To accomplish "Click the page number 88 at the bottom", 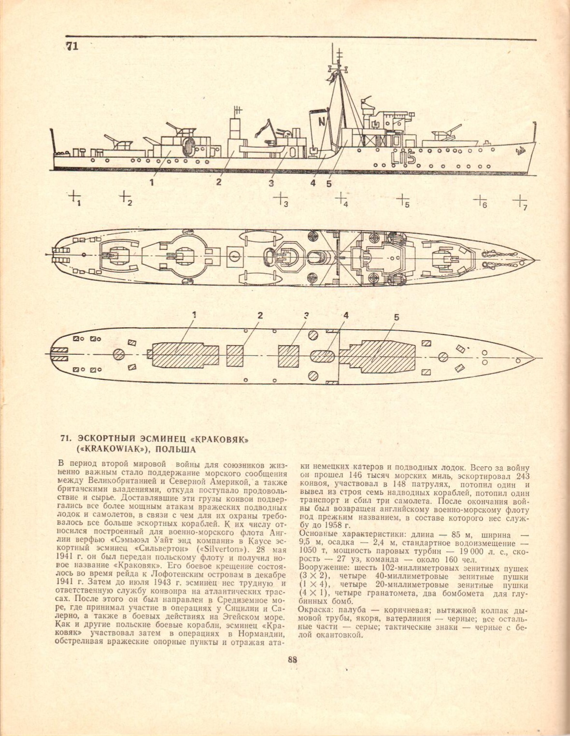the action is tap(292, 661).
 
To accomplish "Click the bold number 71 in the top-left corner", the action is tap(72, 46).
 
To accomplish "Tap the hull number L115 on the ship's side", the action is tap(404, 157).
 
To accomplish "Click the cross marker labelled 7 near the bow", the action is tap(519, 200).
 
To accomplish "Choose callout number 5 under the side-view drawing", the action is tap(329, 183).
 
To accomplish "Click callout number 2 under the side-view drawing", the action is tap(219, 182).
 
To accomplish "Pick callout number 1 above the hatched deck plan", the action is tap(194, 315).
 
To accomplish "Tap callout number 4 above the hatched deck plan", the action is tap(346, 316).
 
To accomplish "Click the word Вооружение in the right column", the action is tap(322, 569).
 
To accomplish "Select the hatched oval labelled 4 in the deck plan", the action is tap(323, 356).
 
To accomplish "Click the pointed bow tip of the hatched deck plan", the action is tap(534, 357).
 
